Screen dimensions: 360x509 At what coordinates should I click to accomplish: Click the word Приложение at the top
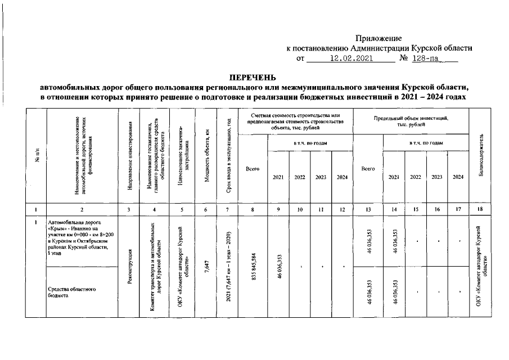tap(379, 38)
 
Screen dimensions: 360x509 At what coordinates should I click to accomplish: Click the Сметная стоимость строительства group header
tap(296, 121)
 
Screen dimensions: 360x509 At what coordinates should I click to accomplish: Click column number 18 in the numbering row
tap(480, 210)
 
